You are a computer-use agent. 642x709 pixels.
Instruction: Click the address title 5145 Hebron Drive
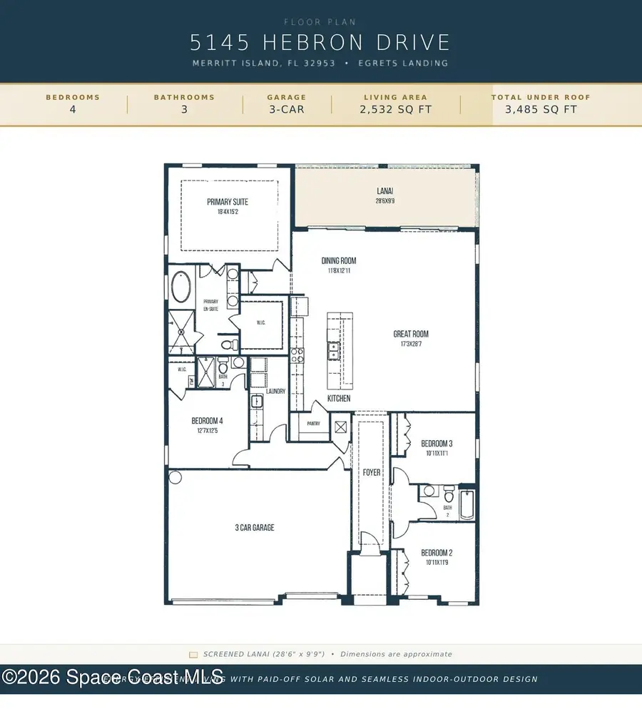tap(320, 42)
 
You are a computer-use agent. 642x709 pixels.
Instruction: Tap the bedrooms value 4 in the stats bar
tap(73, 110)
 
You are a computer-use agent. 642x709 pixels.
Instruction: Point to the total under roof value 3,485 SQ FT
tap(541, 110)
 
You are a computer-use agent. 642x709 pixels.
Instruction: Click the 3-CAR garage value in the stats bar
tap(286, 110)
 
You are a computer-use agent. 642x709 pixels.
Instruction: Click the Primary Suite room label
tap(228, 202)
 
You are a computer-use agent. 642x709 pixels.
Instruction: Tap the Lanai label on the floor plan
tap(385, 191)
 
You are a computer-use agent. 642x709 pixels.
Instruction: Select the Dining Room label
tap(338, 261)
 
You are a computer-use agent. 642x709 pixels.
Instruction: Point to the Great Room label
tap(411, 334)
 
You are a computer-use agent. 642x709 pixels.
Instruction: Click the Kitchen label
tap(339, 398)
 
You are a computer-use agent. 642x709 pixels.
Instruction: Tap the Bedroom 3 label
tap(437, 443)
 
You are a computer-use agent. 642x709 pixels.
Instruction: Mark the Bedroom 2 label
tap(437, 553)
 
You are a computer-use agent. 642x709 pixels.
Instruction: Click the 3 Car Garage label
tap(255, 528)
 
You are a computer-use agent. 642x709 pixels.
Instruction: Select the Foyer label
tap(371, 472)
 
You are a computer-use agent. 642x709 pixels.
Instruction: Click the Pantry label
tap(314, 424)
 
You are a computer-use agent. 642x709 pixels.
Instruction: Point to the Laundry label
tap(275, 391)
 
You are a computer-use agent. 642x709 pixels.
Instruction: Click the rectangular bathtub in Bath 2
tap(467, 504)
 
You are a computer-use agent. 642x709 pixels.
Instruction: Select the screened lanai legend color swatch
tap(193, 654)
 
